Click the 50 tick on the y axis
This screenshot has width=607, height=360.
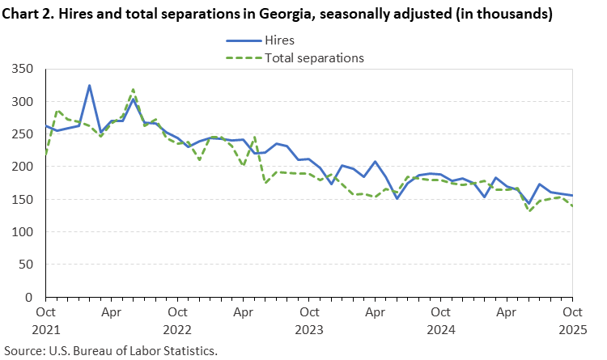click(30, 265)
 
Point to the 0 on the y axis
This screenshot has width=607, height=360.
click(34, 297)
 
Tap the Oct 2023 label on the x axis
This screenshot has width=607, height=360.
click(308, 318)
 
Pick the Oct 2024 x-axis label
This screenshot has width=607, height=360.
click(440, 318)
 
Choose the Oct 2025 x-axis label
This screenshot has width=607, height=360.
click(572, 318)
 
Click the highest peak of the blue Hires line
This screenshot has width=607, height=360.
click(89, 85)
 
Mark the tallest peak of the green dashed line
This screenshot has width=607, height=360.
click(133, 89)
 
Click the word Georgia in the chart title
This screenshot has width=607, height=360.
click(266, 14)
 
